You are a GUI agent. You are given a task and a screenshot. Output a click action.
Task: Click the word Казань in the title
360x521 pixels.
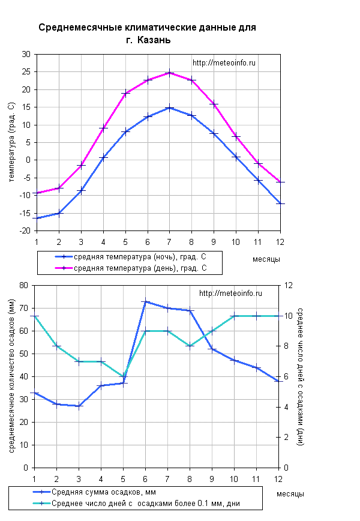(x=154, y=40)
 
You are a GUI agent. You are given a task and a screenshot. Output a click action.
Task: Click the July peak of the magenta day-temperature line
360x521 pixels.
(x=169, y=73)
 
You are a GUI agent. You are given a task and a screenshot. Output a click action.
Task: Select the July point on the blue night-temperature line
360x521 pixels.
(x=169, y=108)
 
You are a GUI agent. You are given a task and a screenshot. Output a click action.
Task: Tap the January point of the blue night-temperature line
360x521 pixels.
(x=37, y=218)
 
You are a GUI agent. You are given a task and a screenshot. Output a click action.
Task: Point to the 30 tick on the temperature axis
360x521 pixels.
(x=26, y=54)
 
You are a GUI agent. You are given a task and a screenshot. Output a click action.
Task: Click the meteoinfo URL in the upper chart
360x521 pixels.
(x=224, y=63)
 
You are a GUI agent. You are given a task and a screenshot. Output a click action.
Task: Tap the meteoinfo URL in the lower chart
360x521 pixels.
(x=230, y=294)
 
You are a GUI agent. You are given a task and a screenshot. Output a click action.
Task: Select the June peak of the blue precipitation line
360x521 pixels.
(x=145, y=301)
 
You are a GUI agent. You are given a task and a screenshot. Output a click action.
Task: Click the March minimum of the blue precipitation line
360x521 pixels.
(x=79, y=406)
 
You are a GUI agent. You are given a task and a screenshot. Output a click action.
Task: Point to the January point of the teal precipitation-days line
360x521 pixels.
(x=35, y=316)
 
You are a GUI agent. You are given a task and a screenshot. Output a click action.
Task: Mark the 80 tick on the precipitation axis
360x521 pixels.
(x=24, y=285)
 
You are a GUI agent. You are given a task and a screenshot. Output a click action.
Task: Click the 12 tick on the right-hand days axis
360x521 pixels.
(x=288, y=285)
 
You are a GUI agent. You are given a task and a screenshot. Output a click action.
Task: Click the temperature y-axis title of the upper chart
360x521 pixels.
(x=11, y=142)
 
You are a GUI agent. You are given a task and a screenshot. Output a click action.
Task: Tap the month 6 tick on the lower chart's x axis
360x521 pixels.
(x=145, y=478)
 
